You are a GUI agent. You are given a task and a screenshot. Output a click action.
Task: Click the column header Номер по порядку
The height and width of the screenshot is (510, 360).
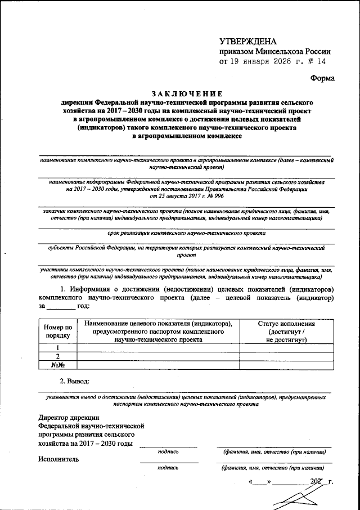coord(57,331)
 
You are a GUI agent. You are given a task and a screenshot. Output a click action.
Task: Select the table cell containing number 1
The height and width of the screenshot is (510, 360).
coord(57,347)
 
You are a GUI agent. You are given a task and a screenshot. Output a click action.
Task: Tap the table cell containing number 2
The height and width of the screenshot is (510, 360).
coord(57,356)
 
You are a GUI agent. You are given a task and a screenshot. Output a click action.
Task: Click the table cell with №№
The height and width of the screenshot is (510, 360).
coord(57,365)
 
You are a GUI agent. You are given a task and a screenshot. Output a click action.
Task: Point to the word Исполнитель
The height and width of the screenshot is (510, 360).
coord(58,458)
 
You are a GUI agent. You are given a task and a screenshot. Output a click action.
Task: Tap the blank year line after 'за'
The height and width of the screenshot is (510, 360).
coord(60,306)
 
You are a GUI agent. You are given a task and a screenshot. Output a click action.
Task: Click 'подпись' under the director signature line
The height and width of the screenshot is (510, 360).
coord(168,451)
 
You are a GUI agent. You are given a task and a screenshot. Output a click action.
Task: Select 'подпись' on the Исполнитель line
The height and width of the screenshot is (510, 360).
coord(168,467)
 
